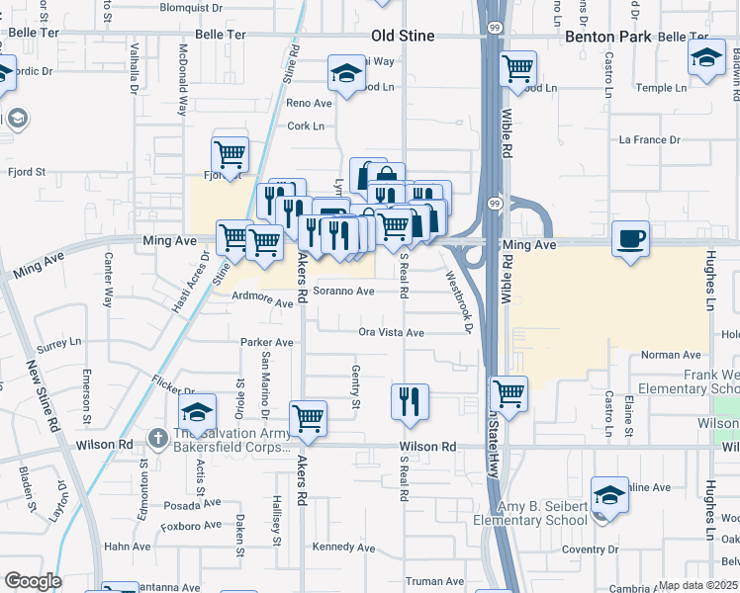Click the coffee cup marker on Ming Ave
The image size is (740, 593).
pyautogui.click(x=630, y=238)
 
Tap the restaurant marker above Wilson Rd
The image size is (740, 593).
pyautogui.click(x=410, y=401)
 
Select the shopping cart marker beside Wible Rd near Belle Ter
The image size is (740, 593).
pyautogui.click(x=518, y=68)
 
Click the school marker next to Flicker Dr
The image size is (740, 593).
pyautogui.click(x=198, y=411)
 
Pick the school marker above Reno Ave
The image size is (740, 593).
pyautogui.click(x=347, y=73)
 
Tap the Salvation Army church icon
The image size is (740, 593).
pyautogui.click(x=158, y=437)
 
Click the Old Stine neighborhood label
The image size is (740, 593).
pyautogui.click(x=404, y=36)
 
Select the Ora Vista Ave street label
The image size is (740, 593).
pyautogui.click(x=391, y=333)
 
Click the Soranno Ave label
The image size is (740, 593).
pyautogui.click(x=343, y=292)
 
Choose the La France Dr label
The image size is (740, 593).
pyautogui.click(x=649, y=140)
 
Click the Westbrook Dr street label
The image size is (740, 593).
pyautogui.click(x=461, y=301)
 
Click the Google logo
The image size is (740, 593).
pyautogui.click(x=32, y=581)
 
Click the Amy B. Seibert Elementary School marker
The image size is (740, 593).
pyautogui.click(x=610, y=494)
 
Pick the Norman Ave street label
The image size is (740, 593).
pyautogui.click(x=671, y=355)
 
